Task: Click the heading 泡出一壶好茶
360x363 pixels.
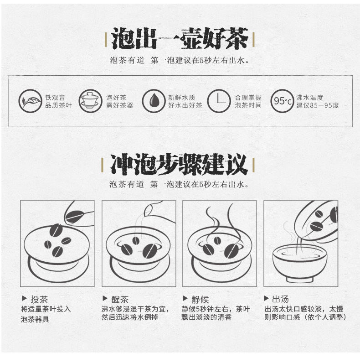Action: coord(180,39)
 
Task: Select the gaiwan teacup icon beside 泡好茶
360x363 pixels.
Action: coord(90,101)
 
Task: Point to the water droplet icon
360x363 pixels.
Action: coord(154,101)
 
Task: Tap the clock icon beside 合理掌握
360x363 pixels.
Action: coord(219,101)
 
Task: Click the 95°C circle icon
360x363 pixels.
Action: coord(282,101)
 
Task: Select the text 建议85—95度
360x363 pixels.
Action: coord(318,105)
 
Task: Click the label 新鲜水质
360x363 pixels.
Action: coord(182,98)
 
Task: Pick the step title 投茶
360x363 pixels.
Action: coord(39,300)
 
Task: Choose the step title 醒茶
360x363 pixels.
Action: coord(120,300)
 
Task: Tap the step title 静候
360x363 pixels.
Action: coord(200,300)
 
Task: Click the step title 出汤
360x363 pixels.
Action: coord(280,299)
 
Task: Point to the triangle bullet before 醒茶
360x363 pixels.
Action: coord(105,298)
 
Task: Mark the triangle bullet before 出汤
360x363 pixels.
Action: coord(266,298)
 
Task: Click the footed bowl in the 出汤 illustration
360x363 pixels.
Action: coord(300,264)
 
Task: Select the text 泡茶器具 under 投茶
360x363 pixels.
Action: coord(35,320)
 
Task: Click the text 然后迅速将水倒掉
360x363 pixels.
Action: coord(130,317)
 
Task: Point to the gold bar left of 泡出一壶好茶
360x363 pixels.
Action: coord(106,40)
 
